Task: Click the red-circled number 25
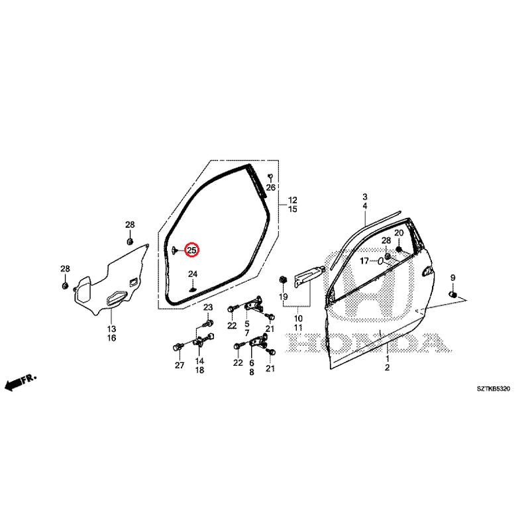[192, 250]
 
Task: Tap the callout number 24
[193, 274]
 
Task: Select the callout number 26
[271, 187]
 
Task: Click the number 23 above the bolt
[208, 307]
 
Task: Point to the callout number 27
[180, 365]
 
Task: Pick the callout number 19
[284, 297]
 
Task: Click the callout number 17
[364, 261]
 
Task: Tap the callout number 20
[399, 233]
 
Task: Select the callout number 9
[452, 278]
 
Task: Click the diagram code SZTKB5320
[494, 389]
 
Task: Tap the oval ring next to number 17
[380, 261]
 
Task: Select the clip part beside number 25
[175, 250]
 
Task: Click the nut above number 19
[283, 280]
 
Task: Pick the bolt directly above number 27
[178, 347]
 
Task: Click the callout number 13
[111, 329]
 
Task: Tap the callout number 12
[293, 200]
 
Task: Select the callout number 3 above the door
[365, 197]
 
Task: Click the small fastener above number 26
[270, 176]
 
